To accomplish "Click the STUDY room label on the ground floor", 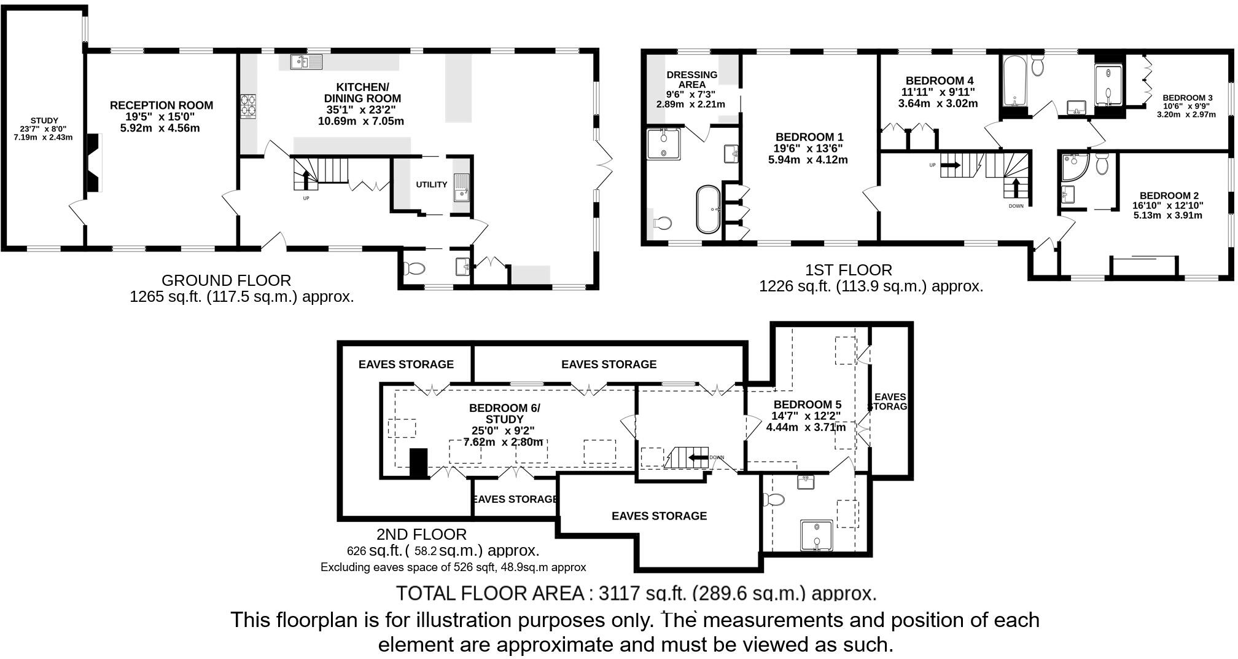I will click(44, 120).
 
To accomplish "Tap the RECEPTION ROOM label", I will click(162, 106).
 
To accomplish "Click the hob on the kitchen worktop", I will click(248, 105).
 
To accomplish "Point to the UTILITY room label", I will click(431, 184).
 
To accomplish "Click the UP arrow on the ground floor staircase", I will click(306, 180).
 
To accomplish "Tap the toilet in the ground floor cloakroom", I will click(415, 269).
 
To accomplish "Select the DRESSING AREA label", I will click(692, 79).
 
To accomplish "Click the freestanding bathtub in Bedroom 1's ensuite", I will click(707, 210).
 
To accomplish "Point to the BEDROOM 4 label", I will click(939, 81).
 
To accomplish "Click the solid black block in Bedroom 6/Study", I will click(418, 463).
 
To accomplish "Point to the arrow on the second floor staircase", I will click(698, 457).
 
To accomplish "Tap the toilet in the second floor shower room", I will click(776, 499).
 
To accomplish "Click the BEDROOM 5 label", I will click(807, 404).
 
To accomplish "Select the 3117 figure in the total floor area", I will click(618, 593).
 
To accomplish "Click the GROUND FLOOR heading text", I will click(226, 281).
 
